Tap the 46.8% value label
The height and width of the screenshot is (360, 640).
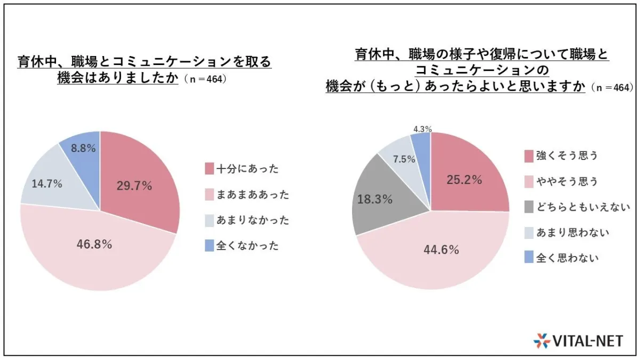pyautogui.click(x=94, y=245)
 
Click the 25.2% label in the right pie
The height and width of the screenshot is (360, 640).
pyautogui.click(x=464, y=180)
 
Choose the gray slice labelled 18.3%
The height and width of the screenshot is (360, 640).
pyautogui.click(x=375, y=200)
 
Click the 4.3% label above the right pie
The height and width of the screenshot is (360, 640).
pyautogui.click(x=422, y=129)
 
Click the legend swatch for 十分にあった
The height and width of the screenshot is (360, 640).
pyautogui.click(x=210, y=169)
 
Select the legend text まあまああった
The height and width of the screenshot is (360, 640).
pyautogui.click(x=253, y=195)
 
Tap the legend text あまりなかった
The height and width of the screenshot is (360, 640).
pyautogui.click(x=248, y=220)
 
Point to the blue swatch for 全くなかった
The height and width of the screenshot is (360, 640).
pyautogui.click(x=210, y=246)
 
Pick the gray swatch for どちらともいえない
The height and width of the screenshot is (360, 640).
pyautogui.click(x=529, y=207)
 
